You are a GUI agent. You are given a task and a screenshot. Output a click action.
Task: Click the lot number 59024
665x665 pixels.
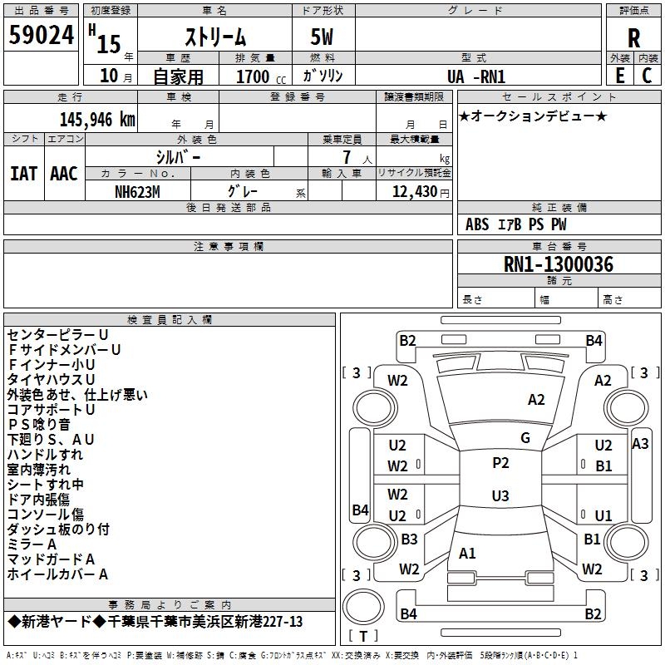point(42,37)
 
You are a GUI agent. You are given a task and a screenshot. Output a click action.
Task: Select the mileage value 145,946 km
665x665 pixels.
point(97,119)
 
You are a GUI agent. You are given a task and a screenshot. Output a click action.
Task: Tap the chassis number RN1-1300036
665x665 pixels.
point(559,264)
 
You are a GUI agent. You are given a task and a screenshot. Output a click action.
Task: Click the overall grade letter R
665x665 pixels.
point(633,38)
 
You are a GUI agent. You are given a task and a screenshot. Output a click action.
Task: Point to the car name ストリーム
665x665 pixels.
point(214,38)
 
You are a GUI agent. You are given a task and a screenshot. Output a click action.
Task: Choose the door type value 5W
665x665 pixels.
point(323,38)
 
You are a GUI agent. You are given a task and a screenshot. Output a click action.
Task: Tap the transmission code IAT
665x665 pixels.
point(23,173)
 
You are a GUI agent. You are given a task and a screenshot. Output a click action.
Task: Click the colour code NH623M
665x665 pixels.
point(138,192)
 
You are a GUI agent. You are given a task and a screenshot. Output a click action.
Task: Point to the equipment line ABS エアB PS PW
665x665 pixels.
point(516,224)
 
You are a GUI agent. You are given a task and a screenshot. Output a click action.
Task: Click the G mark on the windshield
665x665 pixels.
point(525,437)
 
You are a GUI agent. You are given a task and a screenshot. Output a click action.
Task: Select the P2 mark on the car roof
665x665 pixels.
point(500,463)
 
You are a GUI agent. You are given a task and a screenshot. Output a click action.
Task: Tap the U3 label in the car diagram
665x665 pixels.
point(500,496)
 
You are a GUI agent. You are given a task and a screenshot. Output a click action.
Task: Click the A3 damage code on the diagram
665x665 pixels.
point(640,443)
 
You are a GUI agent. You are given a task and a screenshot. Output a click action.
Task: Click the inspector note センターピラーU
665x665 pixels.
point(57,335)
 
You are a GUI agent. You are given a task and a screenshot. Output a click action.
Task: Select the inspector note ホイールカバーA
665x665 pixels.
point(57,574)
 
